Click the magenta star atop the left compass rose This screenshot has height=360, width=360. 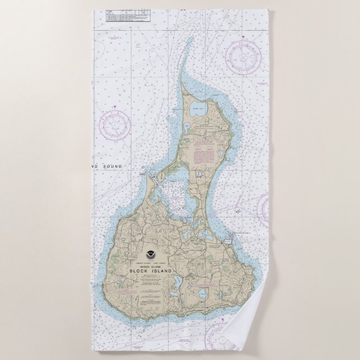(115, 105)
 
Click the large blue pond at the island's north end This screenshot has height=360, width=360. (198, 110)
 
